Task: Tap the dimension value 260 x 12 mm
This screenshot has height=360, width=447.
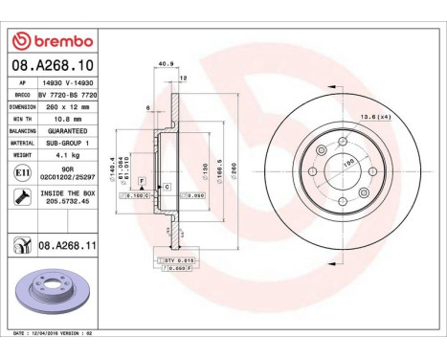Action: [63, 107]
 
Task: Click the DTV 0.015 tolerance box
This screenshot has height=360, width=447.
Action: [175, 259]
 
